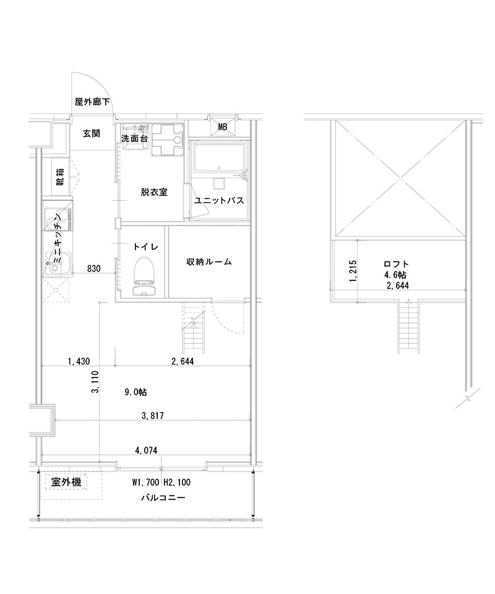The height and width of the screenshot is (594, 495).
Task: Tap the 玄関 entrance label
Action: pos(92,133)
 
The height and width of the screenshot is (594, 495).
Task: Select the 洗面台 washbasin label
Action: pos(134,139)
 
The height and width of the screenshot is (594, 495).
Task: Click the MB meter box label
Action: pos(222,127)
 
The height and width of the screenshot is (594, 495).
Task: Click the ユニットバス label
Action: pos(218,201)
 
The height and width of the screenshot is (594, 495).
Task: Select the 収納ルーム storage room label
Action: pos(209,262)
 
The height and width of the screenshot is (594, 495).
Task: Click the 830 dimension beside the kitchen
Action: pos(94,269)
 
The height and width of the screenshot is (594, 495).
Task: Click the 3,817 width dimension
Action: pos(152,416)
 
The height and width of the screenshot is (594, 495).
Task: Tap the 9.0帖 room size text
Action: pos(136,392)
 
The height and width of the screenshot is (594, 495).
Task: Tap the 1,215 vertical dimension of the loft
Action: pos(353,270)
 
